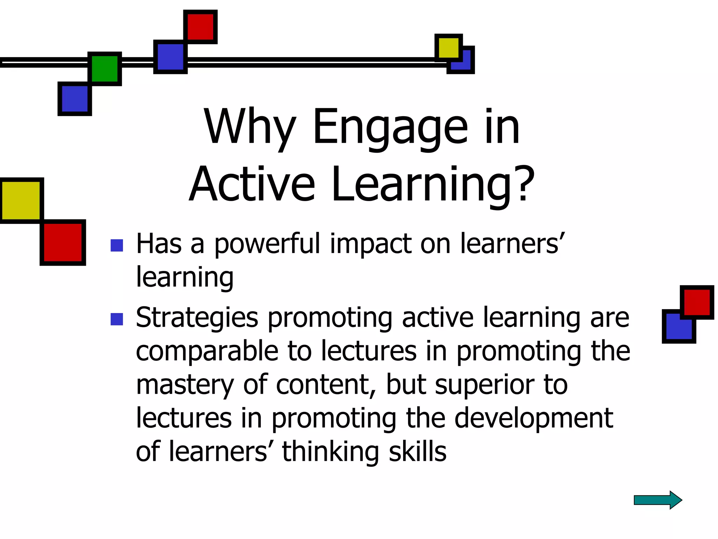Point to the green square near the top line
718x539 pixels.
pyautogui.click(x=104, y=69)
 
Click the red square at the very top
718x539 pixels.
pyautogui.click(x=200, y=27)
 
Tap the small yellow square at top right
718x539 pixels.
pyautogui.click(x=448, y=47)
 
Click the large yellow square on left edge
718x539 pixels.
pyautogui.click(x=21, y=200)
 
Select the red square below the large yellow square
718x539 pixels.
pyautogui.click(x=63, y=242)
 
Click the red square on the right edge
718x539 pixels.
pyautogui.click(x=697, y=302)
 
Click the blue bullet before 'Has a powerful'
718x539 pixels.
pyautogui.click(x=116, y=245)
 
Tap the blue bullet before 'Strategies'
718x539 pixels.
pyautogui.click(x=116, y=319)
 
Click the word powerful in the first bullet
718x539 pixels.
pyautogui.click(x=267, y=244)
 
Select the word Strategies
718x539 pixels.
pyautogui.click(x=197, y=318)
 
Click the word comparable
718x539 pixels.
pyautogui.click(x=207, y=351)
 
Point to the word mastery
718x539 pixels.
pyautogui.click(x=184, y=385)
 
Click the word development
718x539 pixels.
pyautogui.click(x=533, y=418)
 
